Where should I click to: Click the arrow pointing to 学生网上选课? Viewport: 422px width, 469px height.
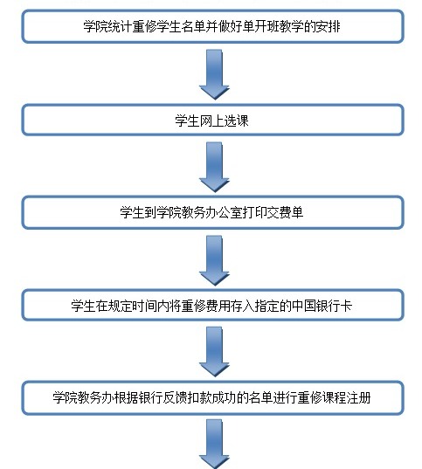(x=214, y=73)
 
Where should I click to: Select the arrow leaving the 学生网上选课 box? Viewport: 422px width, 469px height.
(x=214, y=166)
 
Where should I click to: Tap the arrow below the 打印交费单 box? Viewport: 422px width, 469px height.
(x=214, y=259)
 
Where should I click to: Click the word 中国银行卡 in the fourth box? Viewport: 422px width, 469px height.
(x=329, y=305)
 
